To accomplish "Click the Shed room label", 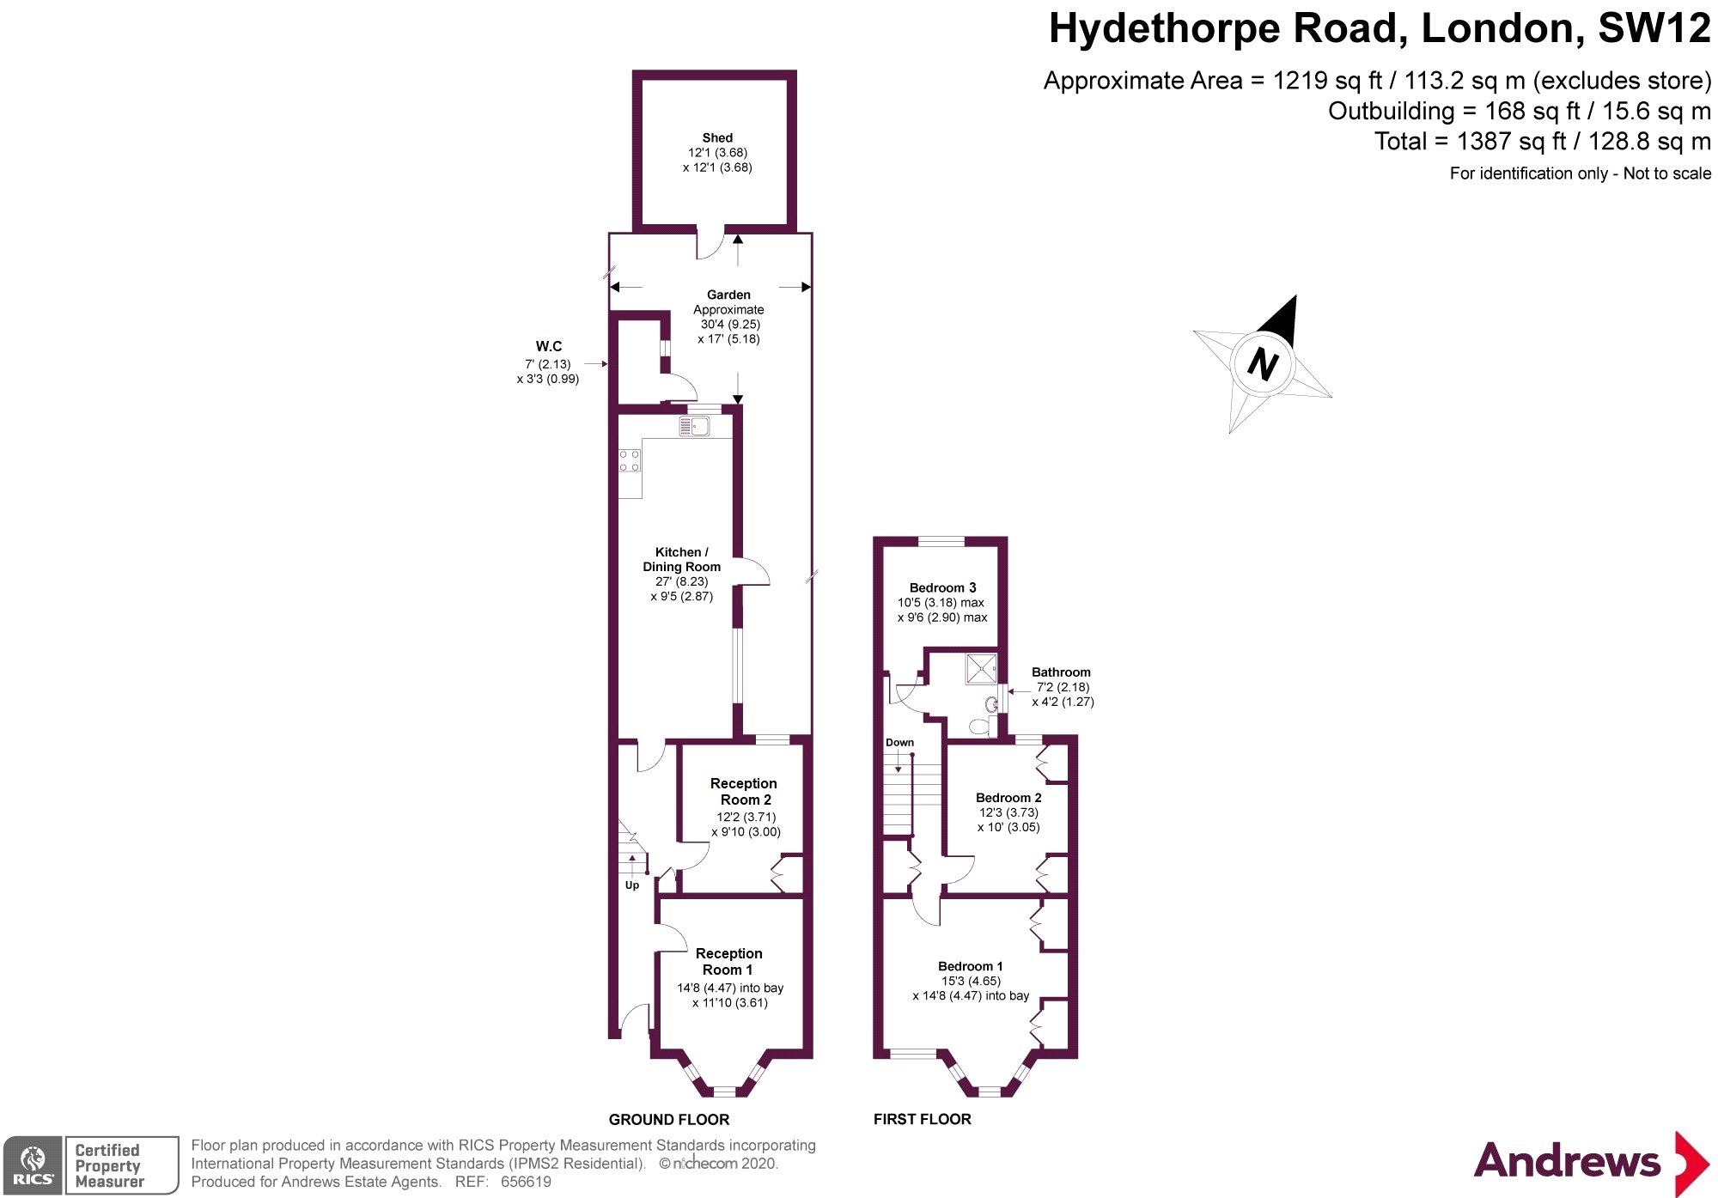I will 717,138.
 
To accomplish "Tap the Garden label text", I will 728,295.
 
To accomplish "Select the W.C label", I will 549,346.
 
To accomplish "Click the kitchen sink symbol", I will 695,426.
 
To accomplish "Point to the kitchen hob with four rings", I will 630,461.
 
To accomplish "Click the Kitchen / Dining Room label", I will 682,559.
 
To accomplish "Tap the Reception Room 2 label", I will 744,791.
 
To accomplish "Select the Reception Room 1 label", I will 728,961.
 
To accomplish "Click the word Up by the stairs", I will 632,885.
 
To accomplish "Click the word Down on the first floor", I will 899,743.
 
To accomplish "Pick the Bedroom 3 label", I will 942,588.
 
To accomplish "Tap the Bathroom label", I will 1061,672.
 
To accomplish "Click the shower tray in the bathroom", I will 981,669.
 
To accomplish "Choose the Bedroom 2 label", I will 1008,798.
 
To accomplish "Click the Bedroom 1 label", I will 970,966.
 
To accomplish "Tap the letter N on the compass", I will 1263,364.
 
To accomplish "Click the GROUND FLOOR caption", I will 669,1120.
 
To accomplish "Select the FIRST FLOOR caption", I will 922,1119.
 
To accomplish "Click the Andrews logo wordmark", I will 1567,1161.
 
